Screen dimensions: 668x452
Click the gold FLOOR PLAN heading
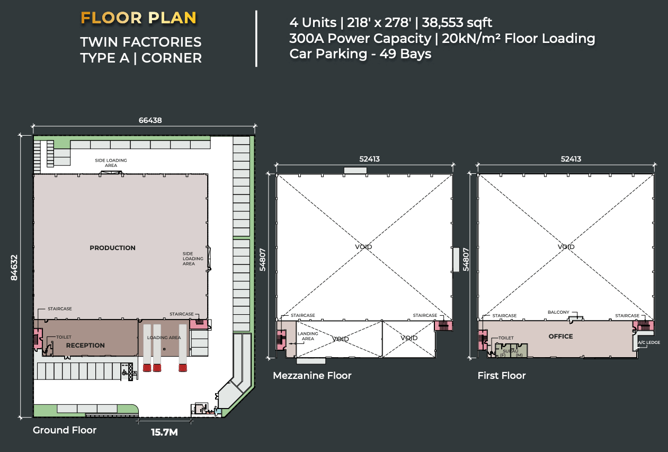(x=138, y=18)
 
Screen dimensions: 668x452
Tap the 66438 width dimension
(x=150, y=120)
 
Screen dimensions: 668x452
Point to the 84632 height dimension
(x=14, y=268)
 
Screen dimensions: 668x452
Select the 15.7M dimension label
(x=164, y=432)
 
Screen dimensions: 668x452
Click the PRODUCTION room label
(x=112, y=248)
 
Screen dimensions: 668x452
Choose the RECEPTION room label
(x=85, y=345)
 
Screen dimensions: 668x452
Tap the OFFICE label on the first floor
(x=560, y=336)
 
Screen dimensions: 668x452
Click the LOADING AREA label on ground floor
(x=164, y=338)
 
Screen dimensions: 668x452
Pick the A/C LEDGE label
(x=649, y=342)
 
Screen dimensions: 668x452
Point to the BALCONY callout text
(x=558, y=312)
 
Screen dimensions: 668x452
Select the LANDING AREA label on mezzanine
(x=308, y=336)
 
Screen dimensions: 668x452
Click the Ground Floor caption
(x=65, y=430)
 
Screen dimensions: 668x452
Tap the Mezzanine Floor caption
(x=312, y=375)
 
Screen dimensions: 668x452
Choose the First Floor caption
(x=502, y=375)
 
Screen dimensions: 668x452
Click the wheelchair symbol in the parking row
(x=124, y=373)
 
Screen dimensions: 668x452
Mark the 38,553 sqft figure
(x=457, y=22)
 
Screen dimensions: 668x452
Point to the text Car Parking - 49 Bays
(x=360, y=54)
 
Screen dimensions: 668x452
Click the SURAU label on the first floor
(x=511, y=351)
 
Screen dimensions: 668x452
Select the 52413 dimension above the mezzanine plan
(x=369, y=159)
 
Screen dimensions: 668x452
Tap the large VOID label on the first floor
(x=566, y=247)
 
